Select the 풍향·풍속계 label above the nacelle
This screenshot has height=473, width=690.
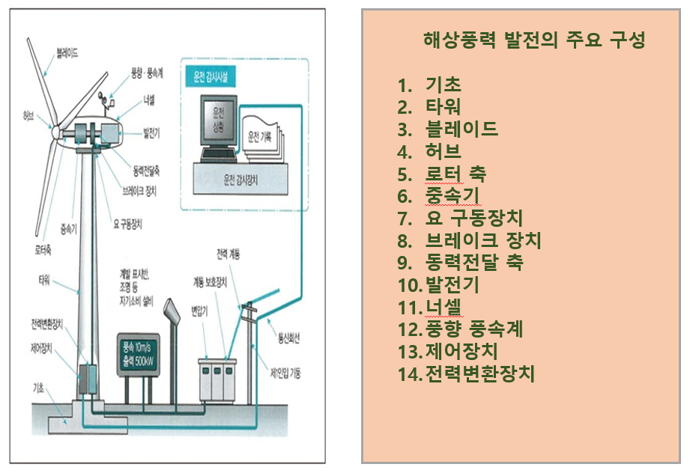[x=148, y=73]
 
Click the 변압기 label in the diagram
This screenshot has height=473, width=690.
[x=199, y=308]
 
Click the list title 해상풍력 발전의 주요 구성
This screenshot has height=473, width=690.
[x=533, y=40]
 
